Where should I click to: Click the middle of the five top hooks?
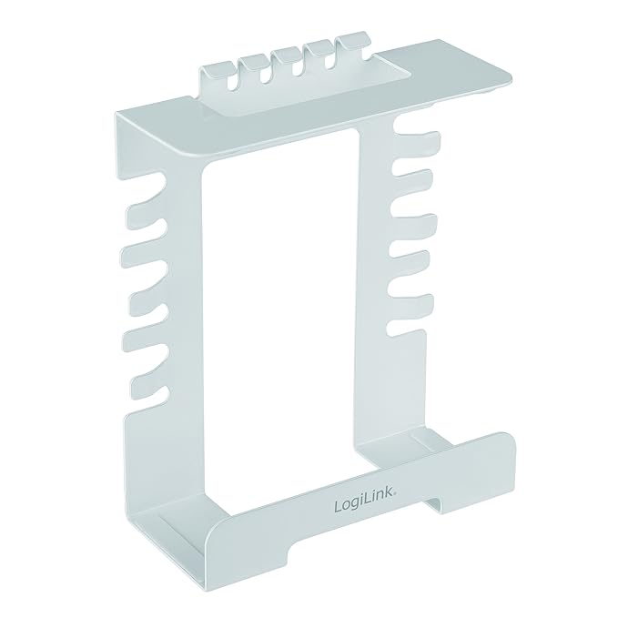click(x=291, y=58)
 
